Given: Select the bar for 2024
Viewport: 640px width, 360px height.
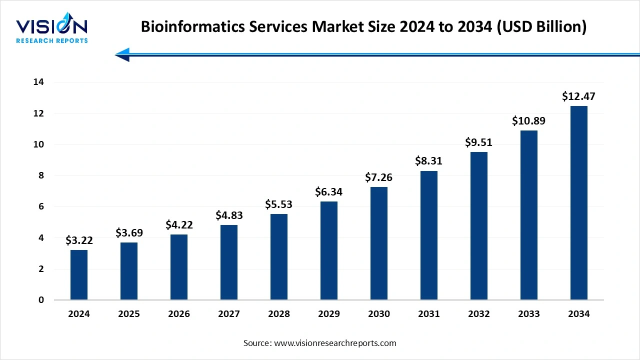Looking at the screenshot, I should click(x=79, y=275).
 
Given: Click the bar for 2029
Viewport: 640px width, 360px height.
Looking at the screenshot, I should click(x=329, y=250).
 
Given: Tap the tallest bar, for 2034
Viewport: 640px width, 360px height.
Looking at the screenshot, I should click(x=579, y=203).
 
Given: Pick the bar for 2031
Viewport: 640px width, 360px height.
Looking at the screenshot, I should click(x=429, y=235).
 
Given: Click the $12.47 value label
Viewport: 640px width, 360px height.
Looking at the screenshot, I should click(x=578, y=96).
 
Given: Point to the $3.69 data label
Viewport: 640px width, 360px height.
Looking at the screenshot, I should click(x=129, y=232).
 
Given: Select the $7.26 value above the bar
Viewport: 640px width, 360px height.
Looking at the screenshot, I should click(x=379, y=177).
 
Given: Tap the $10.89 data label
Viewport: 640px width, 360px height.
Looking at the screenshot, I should click(x=528, y=120).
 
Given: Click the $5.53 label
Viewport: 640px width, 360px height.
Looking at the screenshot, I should click(x=279, y=204).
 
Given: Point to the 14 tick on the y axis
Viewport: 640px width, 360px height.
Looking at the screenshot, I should click(x=38, y=82).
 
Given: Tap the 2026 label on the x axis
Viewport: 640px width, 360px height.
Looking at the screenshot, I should click(x=179, y=314).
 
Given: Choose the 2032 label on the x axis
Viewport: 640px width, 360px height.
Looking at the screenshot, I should click(x=479, y=314).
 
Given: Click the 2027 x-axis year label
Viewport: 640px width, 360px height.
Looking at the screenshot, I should click(x=229, y=314).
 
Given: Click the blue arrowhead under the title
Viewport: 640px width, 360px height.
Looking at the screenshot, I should click(x=123, y=54).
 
